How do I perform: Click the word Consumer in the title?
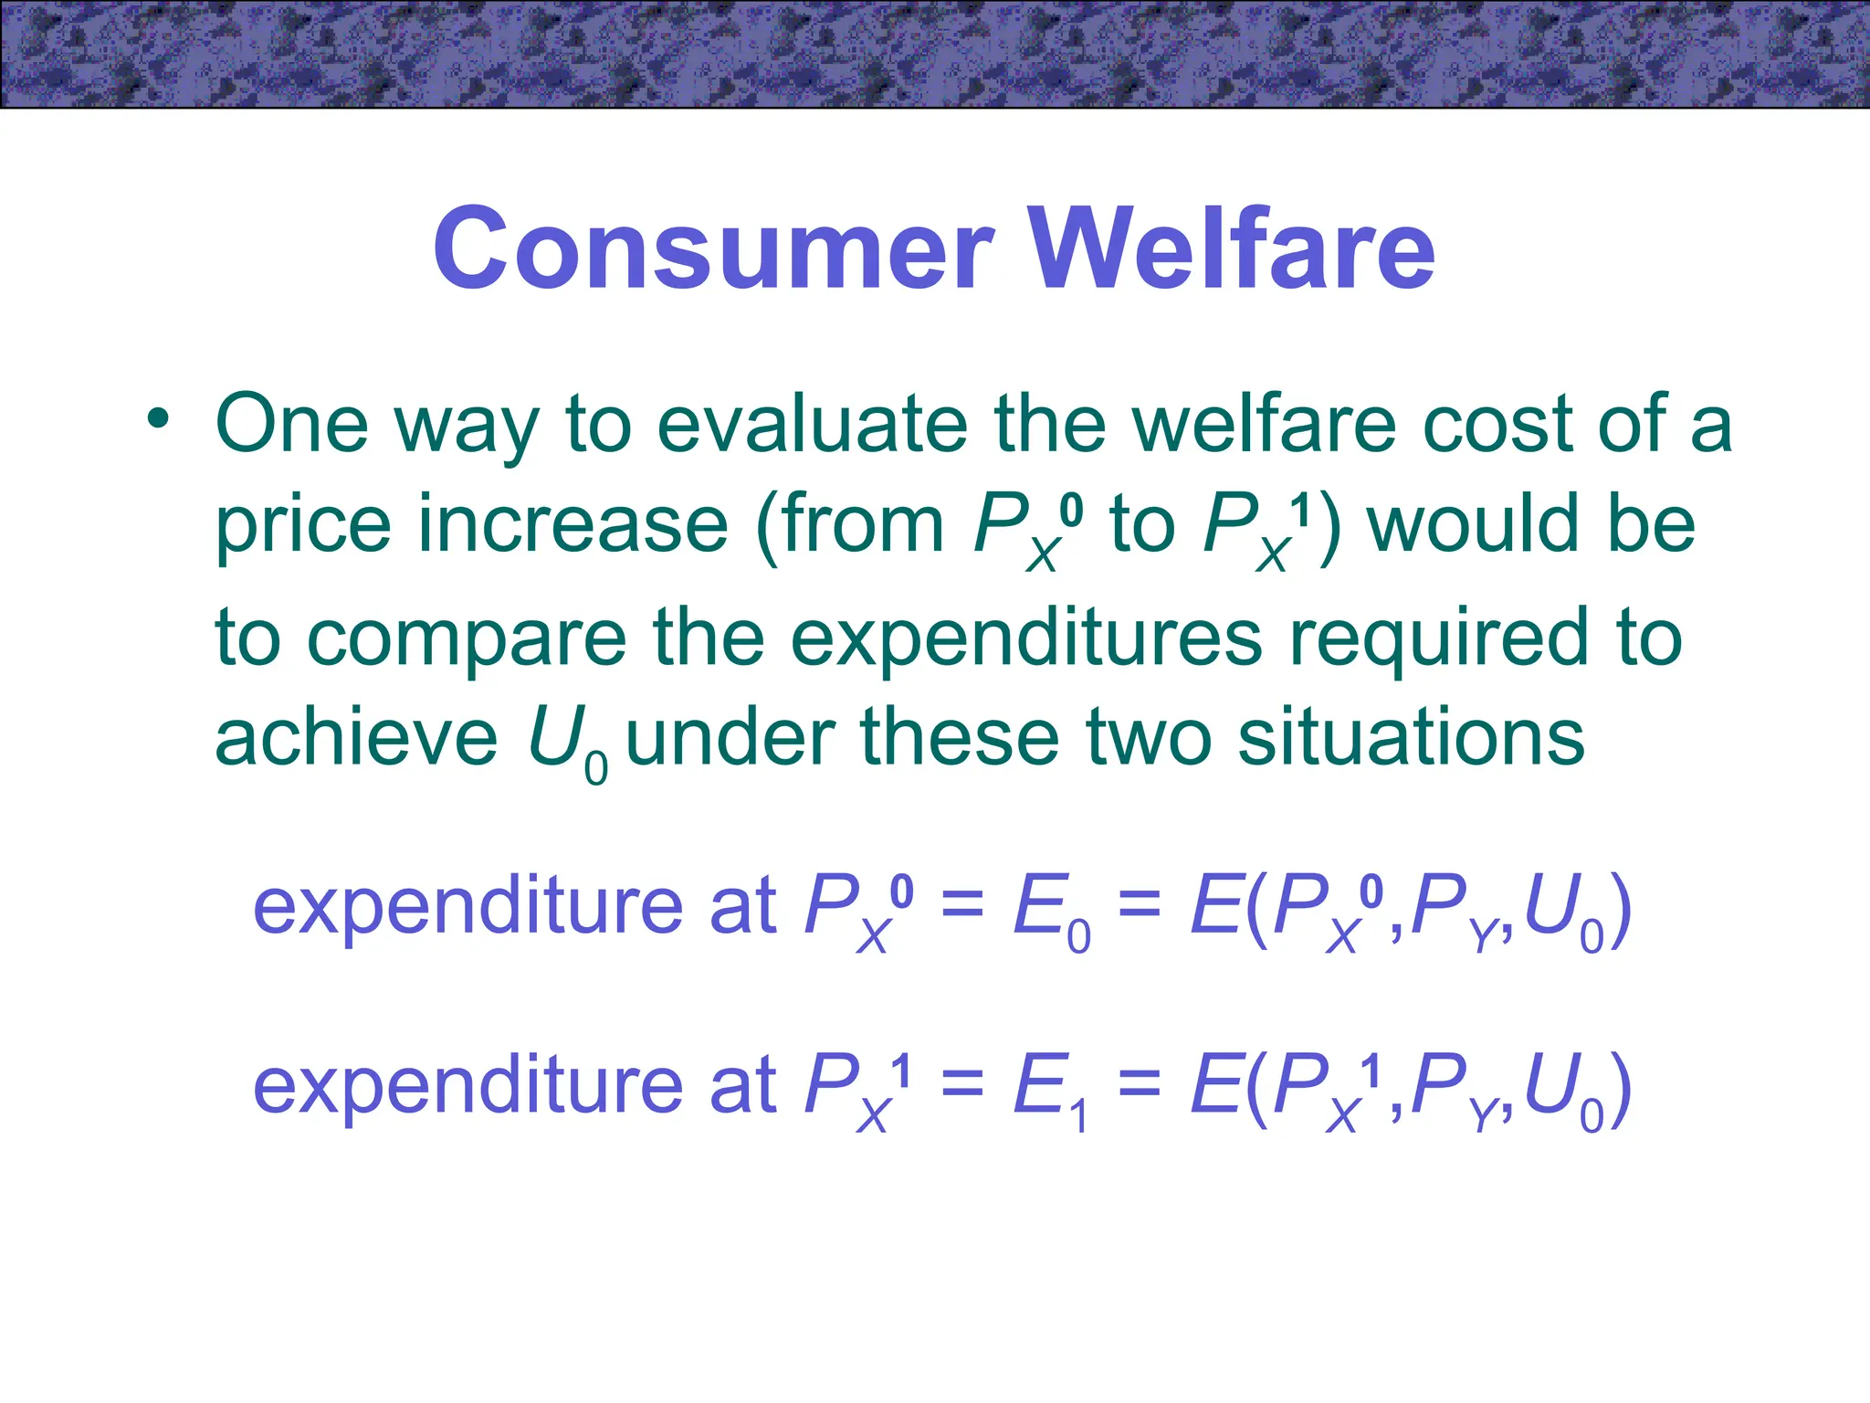[713, 248]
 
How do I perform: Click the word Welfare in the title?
[1232, 248]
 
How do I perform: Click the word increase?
[573, 525]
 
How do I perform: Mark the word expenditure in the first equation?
[468, 906]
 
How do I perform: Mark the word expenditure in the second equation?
[468, 1085]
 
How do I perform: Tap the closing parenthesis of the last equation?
[1619, 1089]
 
